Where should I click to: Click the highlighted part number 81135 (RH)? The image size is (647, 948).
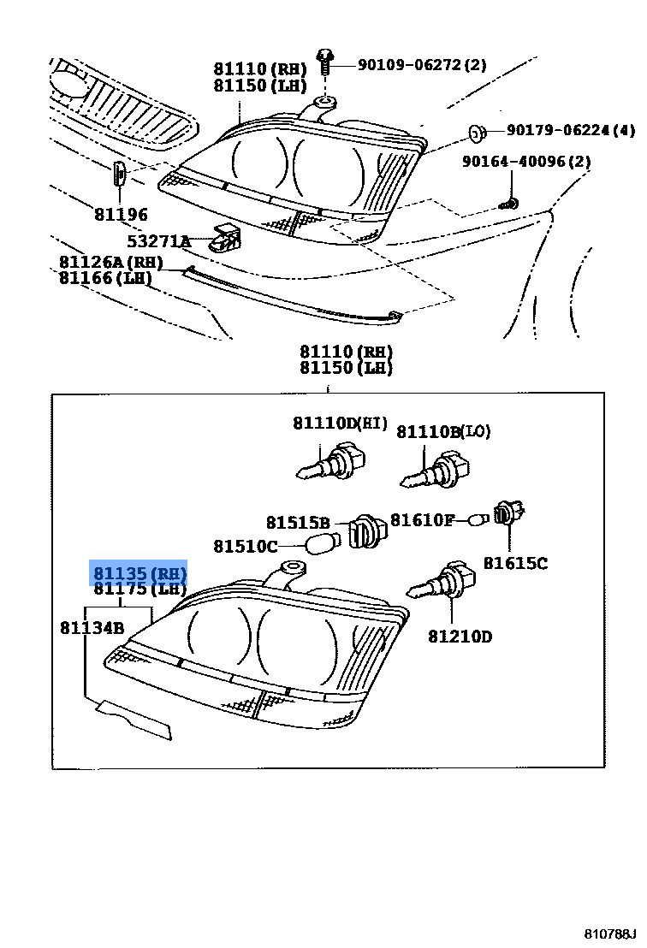tap(139, 572)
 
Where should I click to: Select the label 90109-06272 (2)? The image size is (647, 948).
tap(422, 64)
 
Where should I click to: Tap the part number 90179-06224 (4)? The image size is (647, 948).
tap(571, 131)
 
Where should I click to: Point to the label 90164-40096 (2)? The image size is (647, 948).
tap(526, 161)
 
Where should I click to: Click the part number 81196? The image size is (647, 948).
tap(121, 215)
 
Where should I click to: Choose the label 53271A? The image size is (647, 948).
tap(159, 241)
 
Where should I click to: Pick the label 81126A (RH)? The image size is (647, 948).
tap(110, 262)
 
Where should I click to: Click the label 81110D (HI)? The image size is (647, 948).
tap(340, 424)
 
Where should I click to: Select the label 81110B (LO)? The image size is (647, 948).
tap(443, 432)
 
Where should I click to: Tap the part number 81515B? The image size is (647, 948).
tap(297, 523)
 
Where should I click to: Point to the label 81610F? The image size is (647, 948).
tap(422, 519)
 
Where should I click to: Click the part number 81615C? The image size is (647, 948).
tap(515, 563)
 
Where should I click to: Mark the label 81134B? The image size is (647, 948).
tap(92, 628)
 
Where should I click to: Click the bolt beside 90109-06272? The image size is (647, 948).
tap(325, 62)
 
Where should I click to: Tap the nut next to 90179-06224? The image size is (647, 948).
tap(476, 133)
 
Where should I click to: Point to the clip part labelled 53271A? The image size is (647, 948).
tap(226, 236)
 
